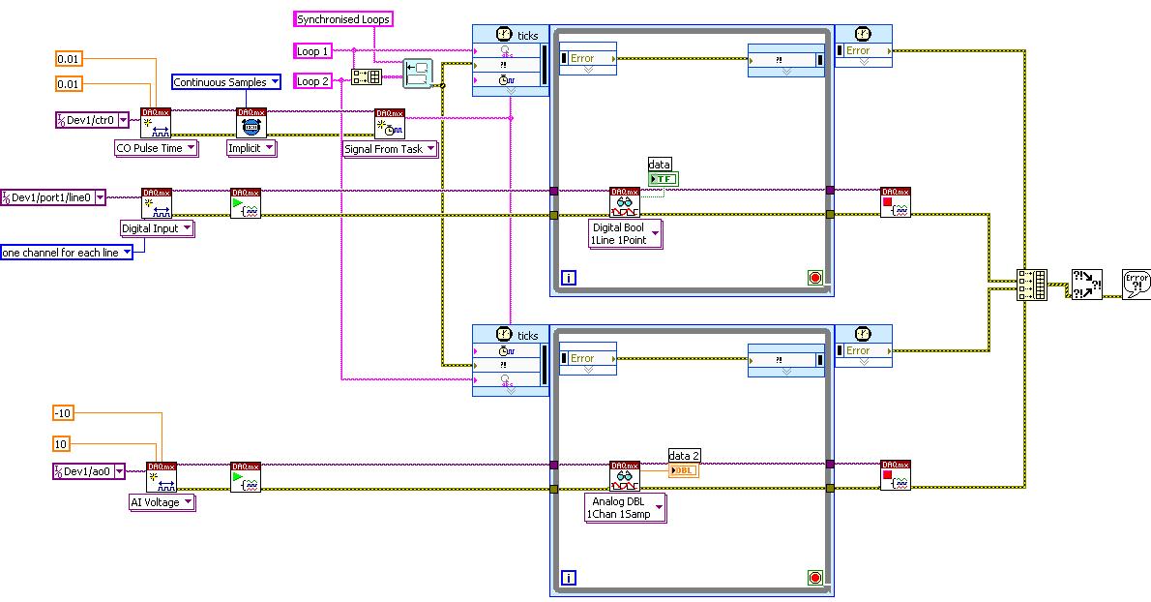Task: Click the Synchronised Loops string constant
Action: pos(343,18)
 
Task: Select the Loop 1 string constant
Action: pos(313,50)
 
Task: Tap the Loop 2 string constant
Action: pos(313,81)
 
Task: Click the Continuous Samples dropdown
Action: pos(226,82)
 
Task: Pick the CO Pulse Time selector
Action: pos(156,148)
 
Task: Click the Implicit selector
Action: pos(251,148)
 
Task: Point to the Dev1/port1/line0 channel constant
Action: pos(57,196)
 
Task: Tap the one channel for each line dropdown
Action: pos(66,253)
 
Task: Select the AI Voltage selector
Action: pos(162,502)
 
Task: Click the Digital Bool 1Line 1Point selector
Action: pos(626,234)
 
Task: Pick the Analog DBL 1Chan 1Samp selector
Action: pos(626,507)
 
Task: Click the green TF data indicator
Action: pos(664,178)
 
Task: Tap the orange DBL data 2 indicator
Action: pos(683,470)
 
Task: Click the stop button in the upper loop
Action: pos(814,279)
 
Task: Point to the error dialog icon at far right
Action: pos(1136,284)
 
